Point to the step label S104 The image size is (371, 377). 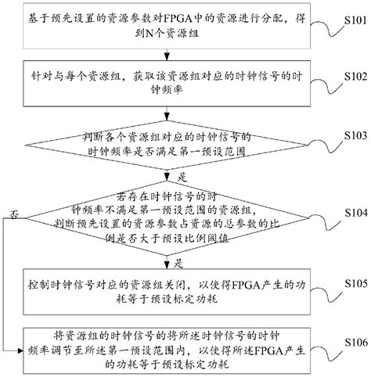(x=349, y=212)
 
